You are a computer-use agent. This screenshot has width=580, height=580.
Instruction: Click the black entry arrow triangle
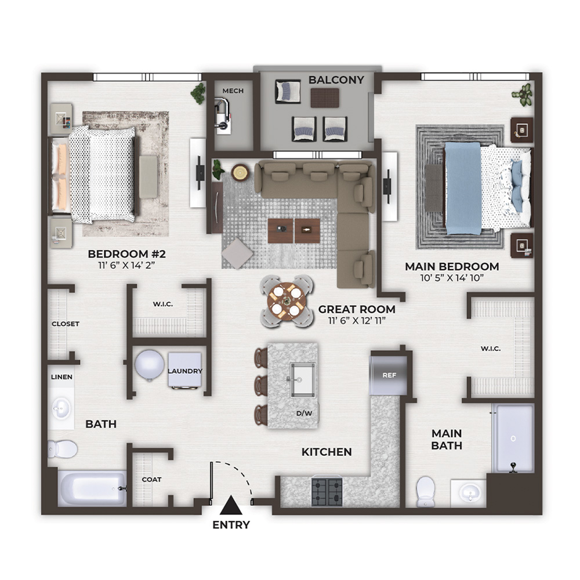231,505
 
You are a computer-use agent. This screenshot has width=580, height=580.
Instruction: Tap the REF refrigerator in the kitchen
389,375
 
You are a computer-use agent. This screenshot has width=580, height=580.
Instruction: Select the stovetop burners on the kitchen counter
327,492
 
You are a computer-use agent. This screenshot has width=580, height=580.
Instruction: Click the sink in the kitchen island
302,380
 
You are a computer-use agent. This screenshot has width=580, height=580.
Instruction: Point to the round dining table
287,301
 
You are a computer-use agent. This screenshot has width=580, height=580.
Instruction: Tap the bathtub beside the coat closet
92,488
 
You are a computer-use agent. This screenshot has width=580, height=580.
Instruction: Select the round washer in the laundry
150,365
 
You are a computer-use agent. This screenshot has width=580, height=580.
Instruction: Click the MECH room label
233,90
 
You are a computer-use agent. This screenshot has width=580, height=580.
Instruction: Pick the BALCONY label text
336,80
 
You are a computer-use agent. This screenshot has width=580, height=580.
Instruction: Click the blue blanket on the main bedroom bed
463,188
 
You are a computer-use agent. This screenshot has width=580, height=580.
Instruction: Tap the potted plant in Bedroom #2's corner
198,93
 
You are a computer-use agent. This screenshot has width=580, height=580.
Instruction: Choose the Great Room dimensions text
357,320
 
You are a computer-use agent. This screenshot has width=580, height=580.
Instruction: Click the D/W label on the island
304,413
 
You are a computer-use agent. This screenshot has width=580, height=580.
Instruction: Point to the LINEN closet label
62,377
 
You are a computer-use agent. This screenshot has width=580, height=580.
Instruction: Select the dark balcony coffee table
325,98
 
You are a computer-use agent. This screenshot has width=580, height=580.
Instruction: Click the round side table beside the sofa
241,172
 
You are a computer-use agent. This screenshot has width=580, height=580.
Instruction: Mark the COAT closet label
151,480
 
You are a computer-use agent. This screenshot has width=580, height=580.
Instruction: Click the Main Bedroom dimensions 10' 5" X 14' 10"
452,278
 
